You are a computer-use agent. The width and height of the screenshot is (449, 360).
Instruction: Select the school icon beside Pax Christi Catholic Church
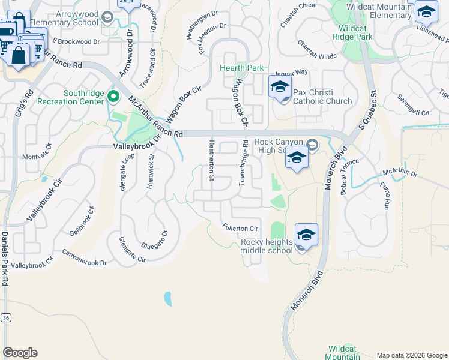tap(280, 88)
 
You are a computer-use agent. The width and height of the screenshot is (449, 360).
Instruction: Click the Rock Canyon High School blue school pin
tap(297, 158)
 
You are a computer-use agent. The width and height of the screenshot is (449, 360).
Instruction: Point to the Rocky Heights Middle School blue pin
tap(306, 235)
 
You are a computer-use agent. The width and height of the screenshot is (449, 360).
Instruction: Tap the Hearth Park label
tap(242, 68)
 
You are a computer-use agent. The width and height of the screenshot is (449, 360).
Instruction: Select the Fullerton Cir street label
tap(240, 228)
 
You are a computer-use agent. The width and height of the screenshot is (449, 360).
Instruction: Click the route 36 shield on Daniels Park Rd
tap(6, 317)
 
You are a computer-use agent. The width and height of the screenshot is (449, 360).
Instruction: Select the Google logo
tap(20, 353)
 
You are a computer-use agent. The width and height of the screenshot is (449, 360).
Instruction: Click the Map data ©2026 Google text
tap(411, 355)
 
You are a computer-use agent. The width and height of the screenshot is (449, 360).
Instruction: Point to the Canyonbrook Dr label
tap(83, 258)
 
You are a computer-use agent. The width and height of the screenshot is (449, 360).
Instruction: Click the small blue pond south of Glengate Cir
tap(167, 298)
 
